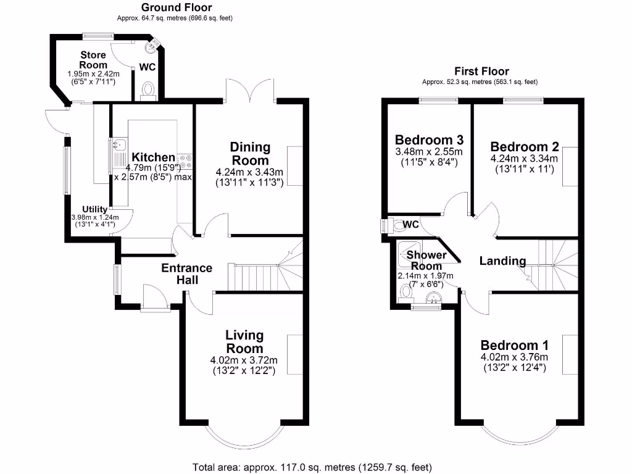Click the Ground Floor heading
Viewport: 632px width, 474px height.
pyautogui.click(x=176, y=7)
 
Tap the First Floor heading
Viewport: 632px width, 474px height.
pyautogui.click(x=481, y=71)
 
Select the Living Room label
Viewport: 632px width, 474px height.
pyautogui.click(x=244, y=342)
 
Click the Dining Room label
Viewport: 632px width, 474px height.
pyautogui.click(x=250, y=153)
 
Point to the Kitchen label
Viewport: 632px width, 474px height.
pyautogui.click(x=154, y=157)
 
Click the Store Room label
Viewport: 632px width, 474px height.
pyautogui.click(x=93, y=60)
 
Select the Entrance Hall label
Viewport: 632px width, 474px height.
pyautogui.click(x=186, y=273)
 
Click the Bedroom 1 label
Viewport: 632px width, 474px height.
pyautogui.click(x=514, y=345)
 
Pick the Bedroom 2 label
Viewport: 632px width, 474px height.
pyautogui.click(x=525, y=147)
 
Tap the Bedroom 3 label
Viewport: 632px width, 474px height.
pyautogui.click(x=429, y=139)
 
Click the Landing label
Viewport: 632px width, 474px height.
pyautogui.click(x=502, y=261)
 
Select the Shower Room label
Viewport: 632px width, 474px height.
pyautogui.click(x=426, y=260)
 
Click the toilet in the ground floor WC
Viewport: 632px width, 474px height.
pyautogui.click(x=148, y=91)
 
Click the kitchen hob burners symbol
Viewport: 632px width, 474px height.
pyautogui.click(x=186, y=162)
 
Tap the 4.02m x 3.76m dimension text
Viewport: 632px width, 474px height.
pyautogui.click(x=514, y=357)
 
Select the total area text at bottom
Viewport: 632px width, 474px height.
pyautogui.click(x=312, y=467)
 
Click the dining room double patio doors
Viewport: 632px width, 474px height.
pyautogui.click(x=249, y=89)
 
